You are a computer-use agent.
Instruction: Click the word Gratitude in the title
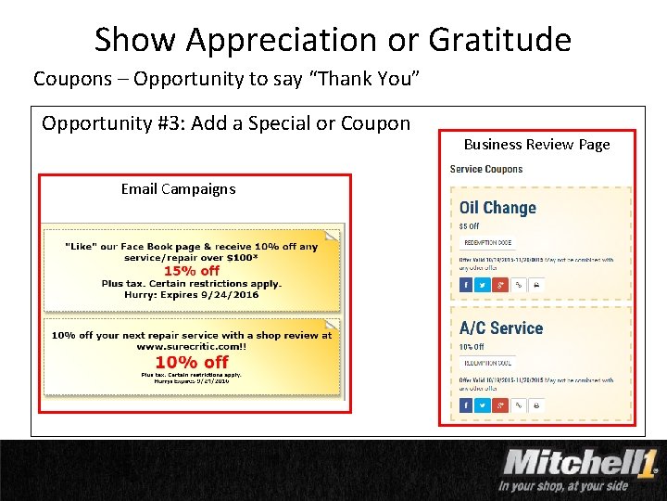pos(499,40)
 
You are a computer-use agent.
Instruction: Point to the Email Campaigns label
pos(178,189)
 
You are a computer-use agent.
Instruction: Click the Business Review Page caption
pos(536,144)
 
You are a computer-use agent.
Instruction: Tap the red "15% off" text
pos(192,271)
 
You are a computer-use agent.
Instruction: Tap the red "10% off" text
pos(192,362)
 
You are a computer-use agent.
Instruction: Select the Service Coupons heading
pos(486,169)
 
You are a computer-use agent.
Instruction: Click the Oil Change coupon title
pos(497,208)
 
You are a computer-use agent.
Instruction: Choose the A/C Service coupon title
pos(501,328)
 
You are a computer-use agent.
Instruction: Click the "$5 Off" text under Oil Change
pos(470,226)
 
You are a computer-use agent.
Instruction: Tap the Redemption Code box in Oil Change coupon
pos(487,243)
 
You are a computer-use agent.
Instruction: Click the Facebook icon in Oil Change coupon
pos(466,285)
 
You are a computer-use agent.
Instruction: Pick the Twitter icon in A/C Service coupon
pos(483,405)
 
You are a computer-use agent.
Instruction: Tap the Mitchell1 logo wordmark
pos(580,461)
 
